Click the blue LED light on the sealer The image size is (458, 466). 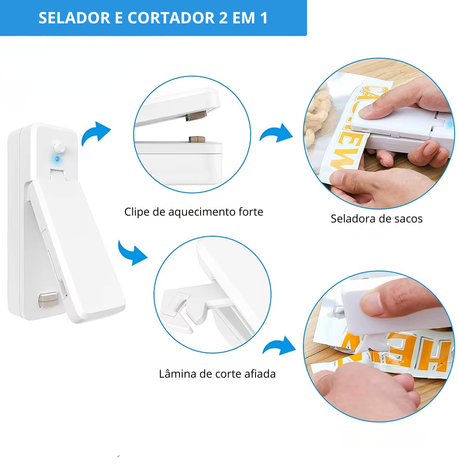(x=57, y=159)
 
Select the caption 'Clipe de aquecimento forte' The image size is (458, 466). (x=194, y=212)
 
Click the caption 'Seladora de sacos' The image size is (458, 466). (x=376, y=219)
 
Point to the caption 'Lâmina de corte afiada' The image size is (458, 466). (x=217, y=374)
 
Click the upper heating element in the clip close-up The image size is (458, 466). (x=196, y=115)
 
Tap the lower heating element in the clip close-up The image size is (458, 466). (x=197, y=139)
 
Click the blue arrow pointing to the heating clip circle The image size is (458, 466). (x=95, y=133)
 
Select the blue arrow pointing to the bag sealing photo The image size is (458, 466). (x=277, y=134)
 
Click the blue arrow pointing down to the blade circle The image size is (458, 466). (x=131, y=253)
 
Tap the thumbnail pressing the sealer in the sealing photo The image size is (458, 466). (x=370, y=112)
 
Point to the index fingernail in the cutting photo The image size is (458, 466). (x=371, y=301)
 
